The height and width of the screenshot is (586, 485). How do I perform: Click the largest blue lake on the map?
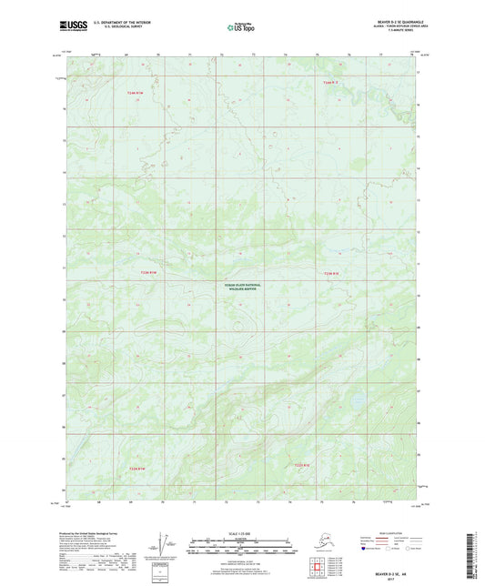point(357,399)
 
